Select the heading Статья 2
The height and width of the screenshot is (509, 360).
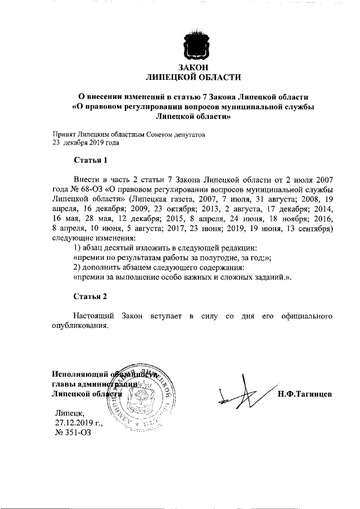90,295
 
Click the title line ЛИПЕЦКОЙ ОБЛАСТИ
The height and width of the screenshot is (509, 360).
193,77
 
